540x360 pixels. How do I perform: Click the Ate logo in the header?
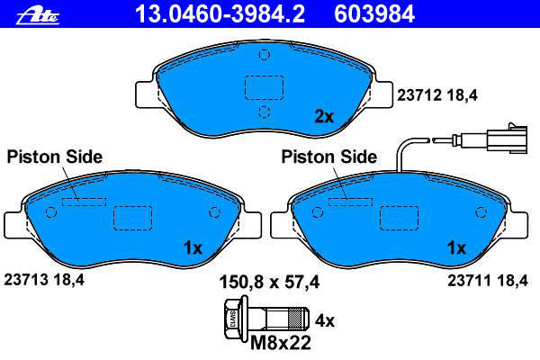38,16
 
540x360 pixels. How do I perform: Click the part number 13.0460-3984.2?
220,14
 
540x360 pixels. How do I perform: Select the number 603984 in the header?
374,14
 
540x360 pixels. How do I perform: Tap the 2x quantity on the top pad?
324,117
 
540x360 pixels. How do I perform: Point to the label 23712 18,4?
437,95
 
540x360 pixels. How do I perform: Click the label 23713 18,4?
44,279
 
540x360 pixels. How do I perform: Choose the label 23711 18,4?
488,281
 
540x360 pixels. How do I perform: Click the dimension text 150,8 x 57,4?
269,282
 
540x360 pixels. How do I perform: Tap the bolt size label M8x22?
280,343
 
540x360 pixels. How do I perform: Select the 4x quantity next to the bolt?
325,321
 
